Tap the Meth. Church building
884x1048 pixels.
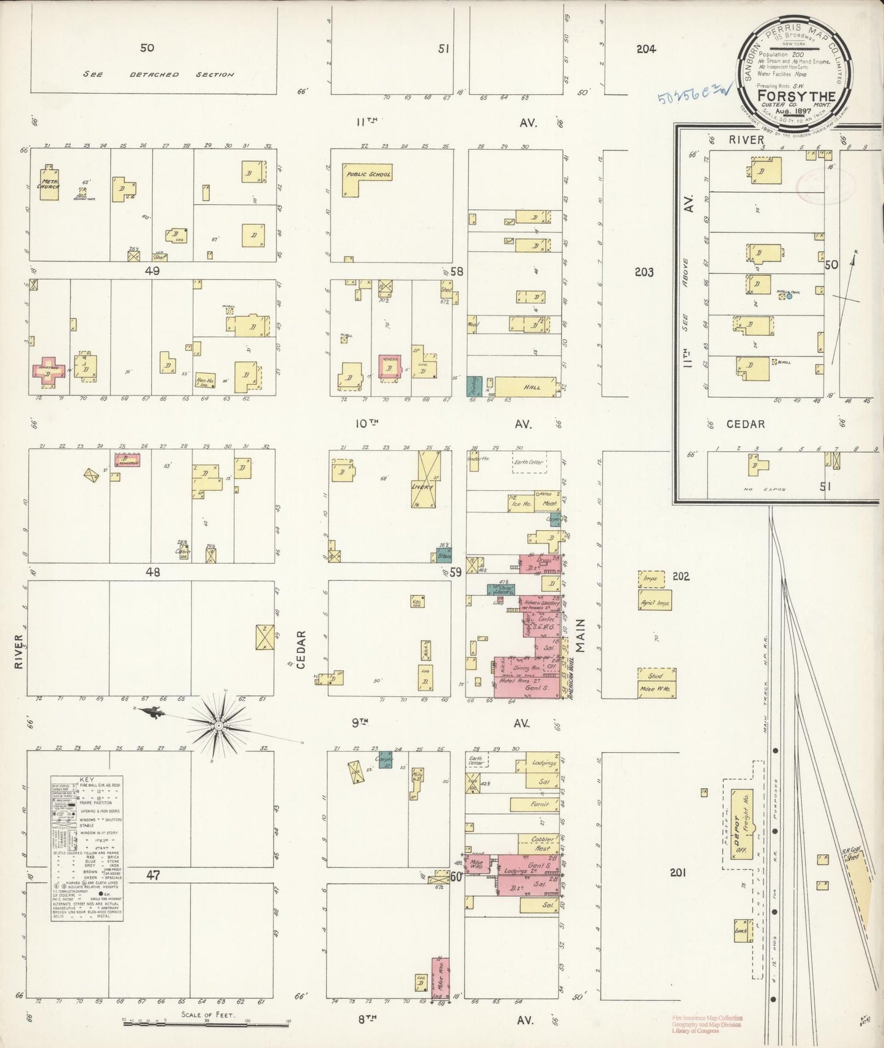pyautogui.click(x=48, y=185)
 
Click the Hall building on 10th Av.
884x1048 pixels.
pyautogui.click(x=526, y=387)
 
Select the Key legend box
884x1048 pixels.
pyautogui.click(x=87, y=851)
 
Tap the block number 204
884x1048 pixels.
pyautogui.click(x=645, y=49)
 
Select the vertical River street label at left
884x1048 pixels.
pyautogui.click(x=18, y=651)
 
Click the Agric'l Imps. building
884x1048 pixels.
pyautogui.click(x=655, y=602)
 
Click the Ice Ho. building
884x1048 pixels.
pyautogui.click(x=519, y=504)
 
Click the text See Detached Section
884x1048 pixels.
pyautogui.click(x=159, y=74)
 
